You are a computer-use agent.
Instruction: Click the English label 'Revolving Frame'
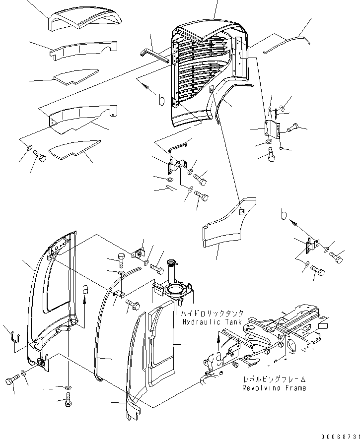(274, 387)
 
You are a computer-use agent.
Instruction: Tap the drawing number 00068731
(339, 435)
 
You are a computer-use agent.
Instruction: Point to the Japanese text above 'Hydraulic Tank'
(212, 314)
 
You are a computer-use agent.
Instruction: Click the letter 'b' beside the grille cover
(161, 101)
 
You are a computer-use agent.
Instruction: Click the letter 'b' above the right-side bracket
(284, 214)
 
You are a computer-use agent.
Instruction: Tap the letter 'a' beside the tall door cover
(85, 288)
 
